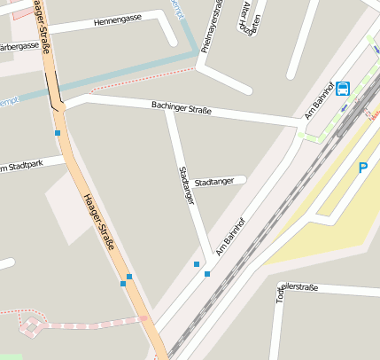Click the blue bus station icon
343,89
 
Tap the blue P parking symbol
362,168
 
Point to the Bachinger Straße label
182,109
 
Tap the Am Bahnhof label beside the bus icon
316,103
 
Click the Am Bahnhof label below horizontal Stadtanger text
228,233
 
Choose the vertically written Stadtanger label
186,185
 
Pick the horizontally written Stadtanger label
214,181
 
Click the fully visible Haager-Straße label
99,221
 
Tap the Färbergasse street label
19,46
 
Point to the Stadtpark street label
21,166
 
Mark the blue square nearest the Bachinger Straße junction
58,133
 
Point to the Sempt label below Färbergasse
9,100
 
